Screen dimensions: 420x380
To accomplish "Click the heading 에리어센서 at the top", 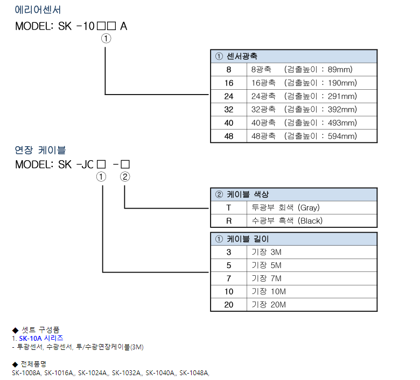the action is (38, 10).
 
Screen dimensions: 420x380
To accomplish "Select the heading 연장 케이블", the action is (40, 150).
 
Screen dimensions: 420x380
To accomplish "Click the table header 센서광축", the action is (242, 56).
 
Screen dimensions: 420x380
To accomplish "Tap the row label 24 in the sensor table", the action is (229, 96).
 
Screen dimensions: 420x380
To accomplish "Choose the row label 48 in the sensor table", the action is (229, 136).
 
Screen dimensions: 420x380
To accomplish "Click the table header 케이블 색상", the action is (248, 195).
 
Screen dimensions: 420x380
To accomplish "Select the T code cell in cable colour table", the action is (228, 208).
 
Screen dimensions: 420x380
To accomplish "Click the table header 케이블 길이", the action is (248, 239).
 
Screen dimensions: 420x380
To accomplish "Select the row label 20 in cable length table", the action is (229, 305).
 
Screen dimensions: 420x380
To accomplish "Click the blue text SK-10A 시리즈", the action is (41, 338).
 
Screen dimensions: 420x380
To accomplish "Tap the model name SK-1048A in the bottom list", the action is (194, 373).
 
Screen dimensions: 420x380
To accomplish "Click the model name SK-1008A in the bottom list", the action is (26, 373).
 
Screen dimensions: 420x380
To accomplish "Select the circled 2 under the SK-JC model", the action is (125, 177).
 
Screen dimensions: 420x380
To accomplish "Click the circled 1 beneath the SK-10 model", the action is (106, 39).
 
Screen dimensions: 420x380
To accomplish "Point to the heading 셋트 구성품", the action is (40, 329).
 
